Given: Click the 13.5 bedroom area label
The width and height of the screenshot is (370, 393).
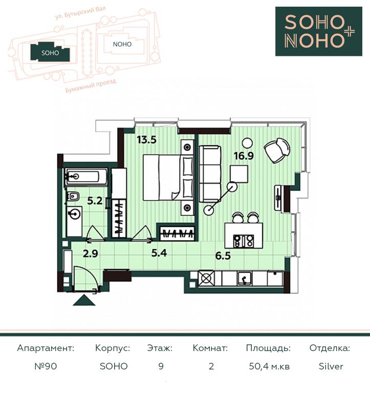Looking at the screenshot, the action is [x=147, y=140].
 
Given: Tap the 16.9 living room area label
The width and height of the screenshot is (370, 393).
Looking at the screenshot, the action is [x=244, y=156].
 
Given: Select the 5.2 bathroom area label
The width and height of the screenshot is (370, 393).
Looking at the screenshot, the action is [x=95, y=201].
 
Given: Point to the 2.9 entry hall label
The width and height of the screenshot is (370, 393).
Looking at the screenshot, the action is [x=91, y=254].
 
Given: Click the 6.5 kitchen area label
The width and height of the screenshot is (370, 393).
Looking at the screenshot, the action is [x=223, y=256].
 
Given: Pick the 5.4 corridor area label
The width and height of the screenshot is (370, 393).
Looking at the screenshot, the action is [x=159, y=253].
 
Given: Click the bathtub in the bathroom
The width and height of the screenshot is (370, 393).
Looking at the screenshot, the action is [x=86, y=177].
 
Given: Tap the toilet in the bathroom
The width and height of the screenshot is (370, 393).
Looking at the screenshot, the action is [x=73, y=196].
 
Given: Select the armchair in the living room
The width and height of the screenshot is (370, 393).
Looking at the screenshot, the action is [x=277, y=150].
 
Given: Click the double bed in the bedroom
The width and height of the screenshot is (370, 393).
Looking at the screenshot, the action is [x=168, y=178].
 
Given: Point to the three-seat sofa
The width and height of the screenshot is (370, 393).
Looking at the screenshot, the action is [x=210, y=174].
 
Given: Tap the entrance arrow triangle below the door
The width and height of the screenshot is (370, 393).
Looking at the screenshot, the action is [x=84, y=300].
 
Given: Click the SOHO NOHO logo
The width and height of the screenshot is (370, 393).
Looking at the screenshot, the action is [x=319, y=31].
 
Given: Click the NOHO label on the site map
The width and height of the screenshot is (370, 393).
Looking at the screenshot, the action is [x=122, y=45].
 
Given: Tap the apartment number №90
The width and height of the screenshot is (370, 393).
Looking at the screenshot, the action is [x=46, y=366].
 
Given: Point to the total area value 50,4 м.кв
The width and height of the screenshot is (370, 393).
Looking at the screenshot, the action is [x=269, y=366].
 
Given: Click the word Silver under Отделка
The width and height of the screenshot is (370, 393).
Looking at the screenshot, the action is [x=331, y=366].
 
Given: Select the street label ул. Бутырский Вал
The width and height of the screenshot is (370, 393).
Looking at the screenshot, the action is [x=80, y=13].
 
